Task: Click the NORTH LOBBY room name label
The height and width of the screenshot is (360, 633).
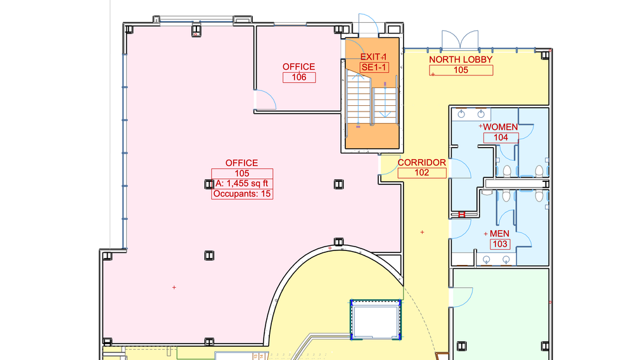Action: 461,60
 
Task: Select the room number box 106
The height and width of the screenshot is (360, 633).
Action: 299,77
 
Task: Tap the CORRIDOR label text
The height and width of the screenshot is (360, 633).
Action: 422,162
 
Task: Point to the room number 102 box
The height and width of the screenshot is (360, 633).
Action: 422,173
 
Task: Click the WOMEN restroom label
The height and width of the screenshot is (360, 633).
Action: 501,127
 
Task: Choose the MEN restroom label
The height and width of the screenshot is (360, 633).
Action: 499,234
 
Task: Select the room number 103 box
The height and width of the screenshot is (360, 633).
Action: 500,244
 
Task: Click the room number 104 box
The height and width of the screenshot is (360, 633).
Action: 501,138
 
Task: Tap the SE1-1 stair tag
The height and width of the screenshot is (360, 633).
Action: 374,67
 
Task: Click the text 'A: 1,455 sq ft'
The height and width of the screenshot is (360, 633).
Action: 242,184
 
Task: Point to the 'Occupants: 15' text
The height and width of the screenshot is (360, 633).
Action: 242,194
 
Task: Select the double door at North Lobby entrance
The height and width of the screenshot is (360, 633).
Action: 460,39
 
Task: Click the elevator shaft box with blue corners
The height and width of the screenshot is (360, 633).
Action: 376,319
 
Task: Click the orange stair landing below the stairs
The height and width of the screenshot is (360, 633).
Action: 372,136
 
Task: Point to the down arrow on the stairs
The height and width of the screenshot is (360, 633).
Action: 385,100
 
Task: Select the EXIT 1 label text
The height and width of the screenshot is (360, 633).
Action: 373,57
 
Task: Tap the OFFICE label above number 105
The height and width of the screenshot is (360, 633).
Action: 242,163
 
